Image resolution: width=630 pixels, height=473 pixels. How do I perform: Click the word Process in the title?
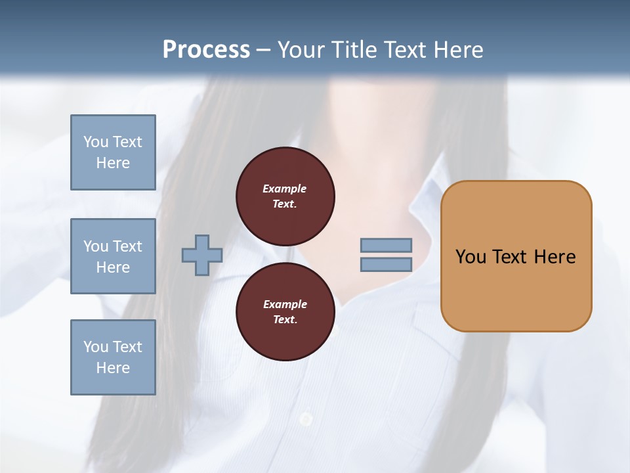point(206,49)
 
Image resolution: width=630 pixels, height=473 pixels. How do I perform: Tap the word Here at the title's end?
point(454,49)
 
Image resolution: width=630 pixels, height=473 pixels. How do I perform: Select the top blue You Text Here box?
point(113,152)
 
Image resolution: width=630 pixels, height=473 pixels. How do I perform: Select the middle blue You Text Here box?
point(113,256)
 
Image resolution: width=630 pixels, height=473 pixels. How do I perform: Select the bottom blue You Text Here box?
point(113,357)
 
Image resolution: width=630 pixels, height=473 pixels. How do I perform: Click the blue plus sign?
point(201,255)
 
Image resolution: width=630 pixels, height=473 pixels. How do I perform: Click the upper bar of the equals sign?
point(386,245)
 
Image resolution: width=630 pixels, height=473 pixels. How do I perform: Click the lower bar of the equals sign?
point(386,264)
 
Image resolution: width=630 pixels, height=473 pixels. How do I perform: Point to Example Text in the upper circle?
point(285,196)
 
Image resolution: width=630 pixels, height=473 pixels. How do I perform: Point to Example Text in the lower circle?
point(285,312)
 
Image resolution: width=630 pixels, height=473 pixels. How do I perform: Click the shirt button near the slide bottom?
point(306,418)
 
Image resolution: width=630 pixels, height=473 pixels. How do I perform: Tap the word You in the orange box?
point(471,257)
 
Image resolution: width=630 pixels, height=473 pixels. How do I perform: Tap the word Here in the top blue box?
point(113,163)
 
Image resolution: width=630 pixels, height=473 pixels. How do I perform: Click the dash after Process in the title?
point(263,50)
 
